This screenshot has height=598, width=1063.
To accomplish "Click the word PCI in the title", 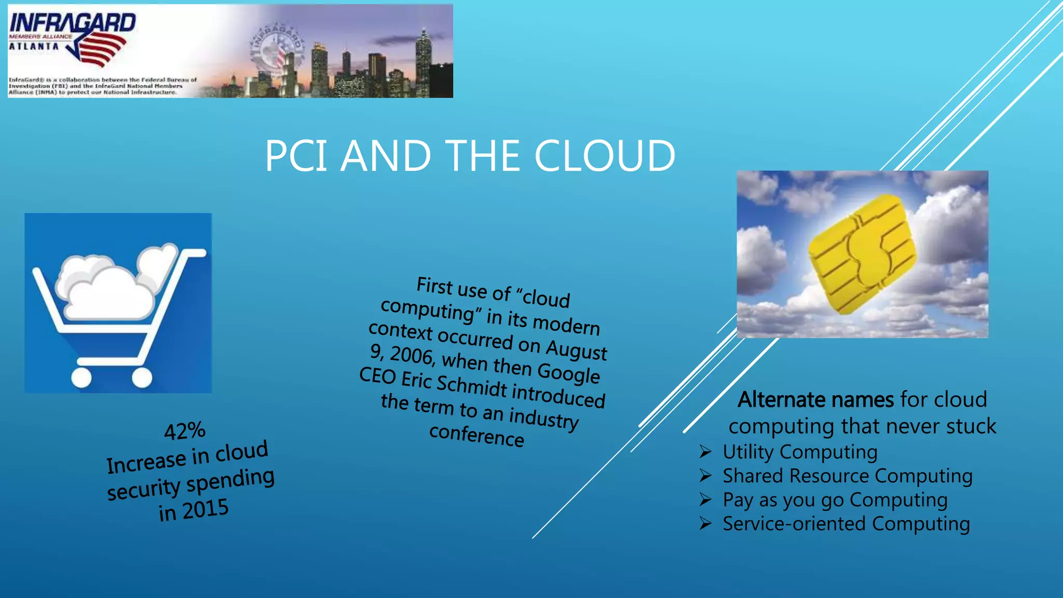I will click(296, 156).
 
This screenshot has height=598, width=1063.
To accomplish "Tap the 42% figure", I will click(185, 431).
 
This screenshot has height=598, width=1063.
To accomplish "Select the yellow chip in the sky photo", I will click(862, 254).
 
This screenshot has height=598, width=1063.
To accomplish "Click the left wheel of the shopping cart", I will click(81, 377).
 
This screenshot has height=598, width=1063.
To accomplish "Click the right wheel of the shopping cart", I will click(142, 377).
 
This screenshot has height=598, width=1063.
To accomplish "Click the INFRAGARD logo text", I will click(73, 23).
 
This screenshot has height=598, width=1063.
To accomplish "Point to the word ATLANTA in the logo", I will click(34, 47).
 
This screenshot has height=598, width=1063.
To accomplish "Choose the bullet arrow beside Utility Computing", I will click(705, 452).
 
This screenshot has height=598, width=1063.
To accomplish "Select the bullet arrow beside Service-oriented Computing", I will click(705, 523).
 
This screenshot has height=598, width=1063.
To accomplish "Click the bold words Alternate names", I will click(816, 400).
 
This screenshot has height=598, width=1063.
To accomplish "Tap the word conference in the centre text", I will click(476, 435).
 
